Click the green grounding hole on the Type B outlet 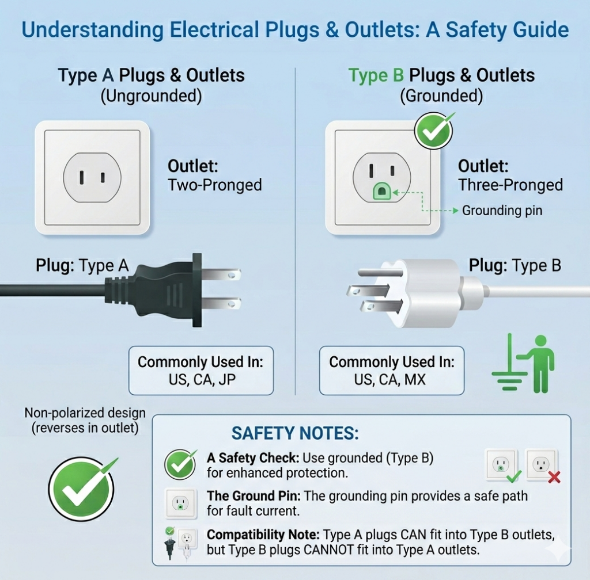tap(381, 191)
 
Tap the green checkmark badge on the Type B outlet tap(434, 131)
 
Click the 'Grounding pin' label tap(502, 211)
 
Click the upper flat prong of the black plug tap(222, 275)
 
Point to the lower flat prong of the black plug tap(222, 303)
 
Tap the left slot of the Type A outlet tap(82, 177)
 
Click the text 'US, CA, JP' tap(202, 380)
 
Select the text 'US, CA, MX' tap(390, 380)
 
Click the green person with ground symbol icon tap(523, 363)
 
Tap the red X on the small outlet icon tap(554, 477)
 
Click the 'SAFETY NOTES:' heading tap(295, 433)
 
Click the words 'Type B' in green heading tap(376, 75)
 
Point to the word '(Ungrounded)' tap(152, 96)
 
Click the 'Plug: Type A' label tap(82, 266)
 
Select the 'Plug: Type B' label tap(515, 266)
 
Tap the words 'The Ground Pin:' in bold tap(254, 496)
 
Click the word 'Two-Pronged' tap(215, 185)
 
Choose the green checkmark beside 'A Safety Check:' tap(180, 464)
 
